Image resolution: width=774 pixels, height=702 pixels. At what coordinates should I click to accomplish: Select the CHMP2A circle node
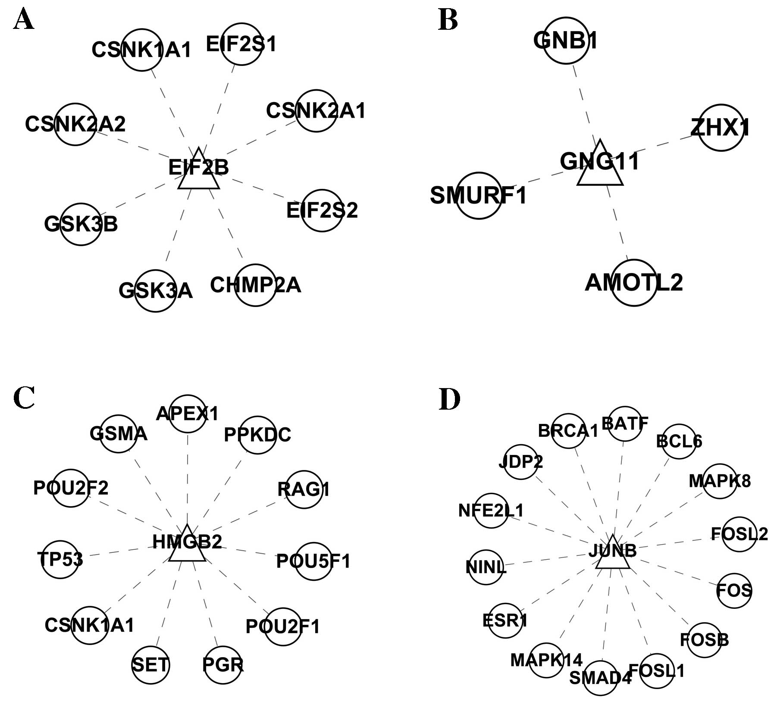point(255,285)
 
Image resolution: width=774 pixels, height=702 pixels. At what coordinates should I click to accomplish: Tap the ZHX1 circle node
point(720,128)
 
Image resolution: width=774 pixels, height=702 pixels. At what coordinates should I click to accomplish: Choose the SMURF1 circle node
point(479,196)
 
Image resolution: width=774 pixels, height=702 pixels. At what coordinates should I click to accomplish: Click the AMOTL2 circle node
point(634,283)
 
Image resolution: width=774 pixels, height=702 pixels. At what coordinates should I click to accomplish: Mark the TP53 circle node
point(60,560)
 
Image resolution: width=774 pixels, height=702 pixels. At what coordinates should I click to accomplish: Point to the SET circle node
point(150,665)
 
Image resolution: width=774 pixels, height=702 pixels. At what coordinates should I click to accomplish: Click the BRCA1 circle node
point(568,431)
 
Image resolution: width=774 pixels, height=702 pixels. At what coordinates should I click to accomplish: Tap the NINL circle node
point(486,567)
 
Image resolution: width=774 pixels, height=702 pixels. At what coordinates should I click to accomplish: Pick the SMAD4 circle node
point(600,678)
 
